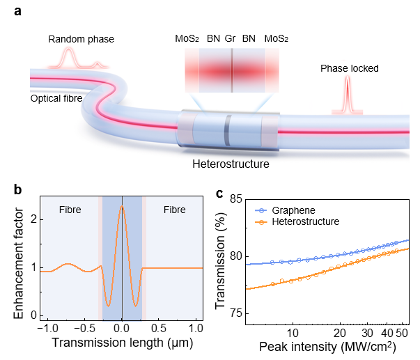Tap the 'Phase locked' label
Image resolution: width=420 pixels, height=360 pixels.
pyautogui.click(x=349, y=69)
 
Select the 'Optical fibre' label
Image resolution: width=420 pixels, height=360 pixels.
pyautogui.click(x=56, y=98)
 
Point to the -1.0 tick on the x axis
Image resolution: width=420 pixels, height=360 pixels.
pyautogui.click(x=47, y=327)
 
